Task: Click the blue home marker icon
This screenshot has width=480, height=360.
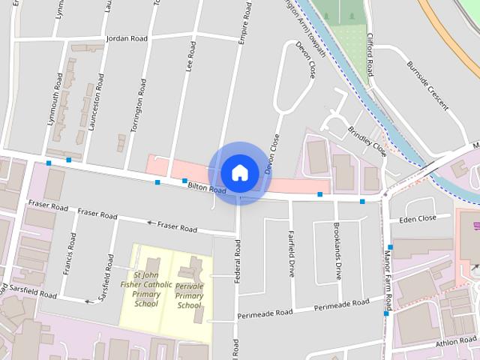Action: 239,173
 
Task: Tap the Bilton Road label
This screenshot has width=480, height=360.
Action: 207,188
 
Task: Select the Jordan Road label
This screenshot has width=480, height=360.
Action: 127,37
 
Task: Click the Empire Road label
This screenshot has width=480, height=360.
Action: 244,27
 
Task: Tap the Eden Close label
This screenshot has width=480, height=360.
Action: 418,219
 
